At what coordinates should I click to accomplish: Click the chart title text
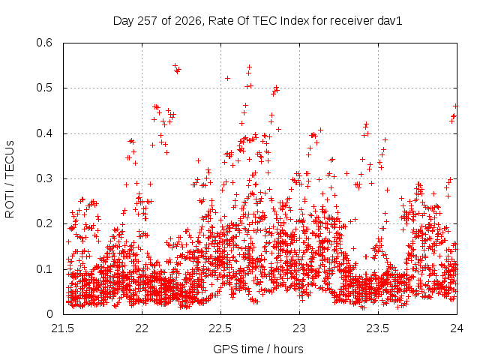click(x=257, y=21)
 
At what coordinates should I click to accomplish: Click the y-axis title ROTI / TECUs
click(x=10, y=179)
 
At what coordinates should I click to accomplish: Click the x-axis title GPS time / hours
click(x=258, y=349)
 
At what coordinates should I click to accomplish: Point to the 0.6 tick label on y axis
click(x=44, y=43)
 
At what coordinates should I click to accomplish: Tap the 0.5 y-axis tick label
click(x=44, y=88)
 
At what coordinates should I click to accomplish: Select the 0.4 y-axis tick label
click(x=44, y=133)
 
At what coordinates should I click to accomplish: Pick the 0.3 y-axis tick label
click(x=44, y=178)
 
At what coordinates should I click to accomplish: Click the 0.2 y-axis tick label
click(x=44, y=223)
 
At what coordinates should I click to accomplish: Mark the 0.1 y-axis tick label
click(x=44, y=269)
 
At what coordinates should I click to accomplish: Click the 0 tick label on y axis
click(x=49, y=314)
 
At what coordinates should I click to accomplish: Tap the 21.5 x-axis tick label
click(x=63, y=328)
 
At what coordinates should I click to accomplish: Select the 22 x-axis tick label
click(x=142, y=328)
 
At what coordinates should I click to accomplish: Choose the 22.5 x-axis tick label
click(x=220, y=328)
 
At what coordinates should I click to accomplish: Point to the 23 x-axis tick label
click(x=299, y=328)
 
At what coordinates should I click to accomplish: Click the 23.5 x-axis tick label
click(x=378, y=328)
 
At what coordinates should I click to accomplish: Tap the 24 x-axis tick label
click(x=457, y=328)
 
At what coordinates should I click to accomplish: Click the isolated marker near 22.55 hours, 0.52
click(x=227, y=78)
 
